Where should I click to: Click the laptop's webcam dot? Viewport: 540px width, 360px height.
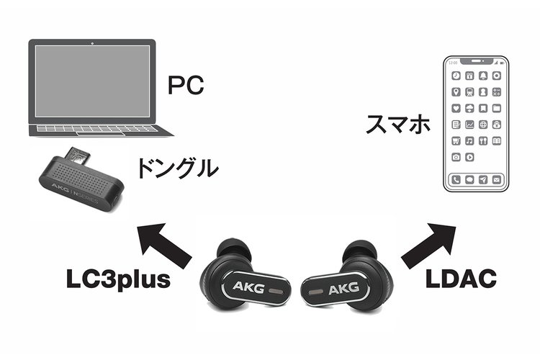(x=94, y=45)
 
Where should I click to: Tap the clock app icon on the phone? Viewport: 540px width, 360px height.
(x=456, y=76)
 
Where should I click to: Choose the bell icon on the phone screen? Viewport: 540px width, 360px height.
(x=483, y=76)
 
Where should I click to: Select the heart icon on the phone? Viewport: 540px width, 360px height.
(x=456, y=108)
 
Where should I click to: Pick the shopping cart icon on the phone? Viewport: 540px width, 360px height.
(x=456, y=140)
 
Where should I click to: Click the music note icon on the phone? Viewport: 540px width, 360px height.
(x=469, y=140)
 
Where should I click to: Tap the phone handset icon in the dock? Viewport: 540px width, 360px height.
(x=456, y=179)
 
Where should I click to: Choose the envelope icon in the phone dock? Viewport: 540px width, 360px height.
(x=496, y=179)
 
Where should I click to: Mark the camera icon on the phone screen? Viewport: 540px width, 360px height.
(x=456, y=157)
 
